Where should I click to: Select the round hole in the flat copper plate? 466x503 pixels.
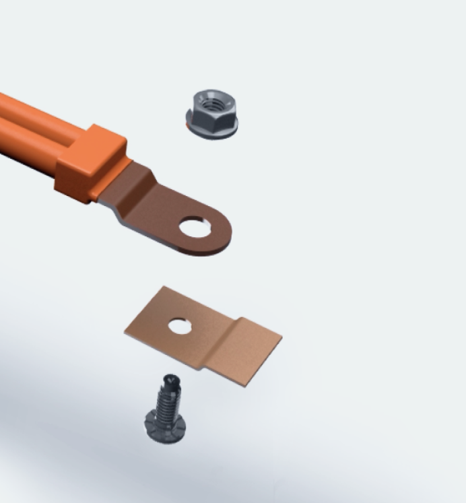click(180, 327)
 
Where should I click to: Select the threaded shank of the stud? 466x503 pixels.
click(165, 401)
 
